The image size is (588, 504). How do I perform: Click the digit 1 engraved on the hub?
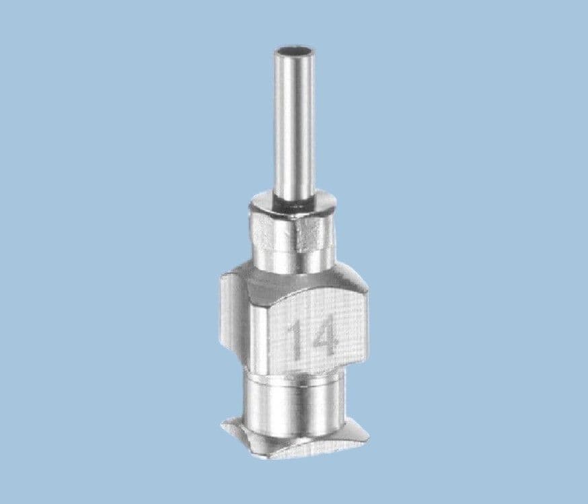coord(295,339)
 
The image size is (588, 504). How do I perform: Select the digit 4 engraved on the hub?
coord(323,339)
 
